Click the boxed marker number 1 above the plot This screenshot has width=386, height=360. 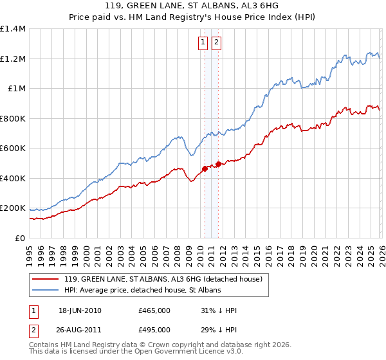(x=203, y=43)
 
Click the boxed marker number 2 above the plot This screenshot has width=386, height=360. (x=216, y=43)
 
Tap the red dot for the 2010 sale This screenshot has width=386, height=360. (x=205, y=168)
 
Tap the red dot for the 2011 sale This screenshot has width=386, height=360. (x=218, y=164)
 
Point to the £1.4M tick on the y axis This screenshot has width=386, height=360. (x=13, y=29)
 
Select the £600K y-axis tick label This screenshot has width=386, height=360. (x=13, y=148)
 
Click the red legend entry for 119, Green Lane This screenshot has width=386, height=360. (x=163, y=280)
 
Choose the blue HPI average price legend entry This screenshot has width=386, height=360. (x=142, y=291)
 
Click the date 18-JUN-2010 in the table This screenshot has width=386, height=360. (x=80, y=310)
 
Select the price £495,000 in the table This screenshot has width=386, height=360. (x=154, y=330)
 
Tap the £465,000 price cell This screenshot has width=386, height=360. (x=154, y=310)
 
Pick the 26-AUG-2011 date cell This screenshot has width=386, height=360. (x=80, y=330)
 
